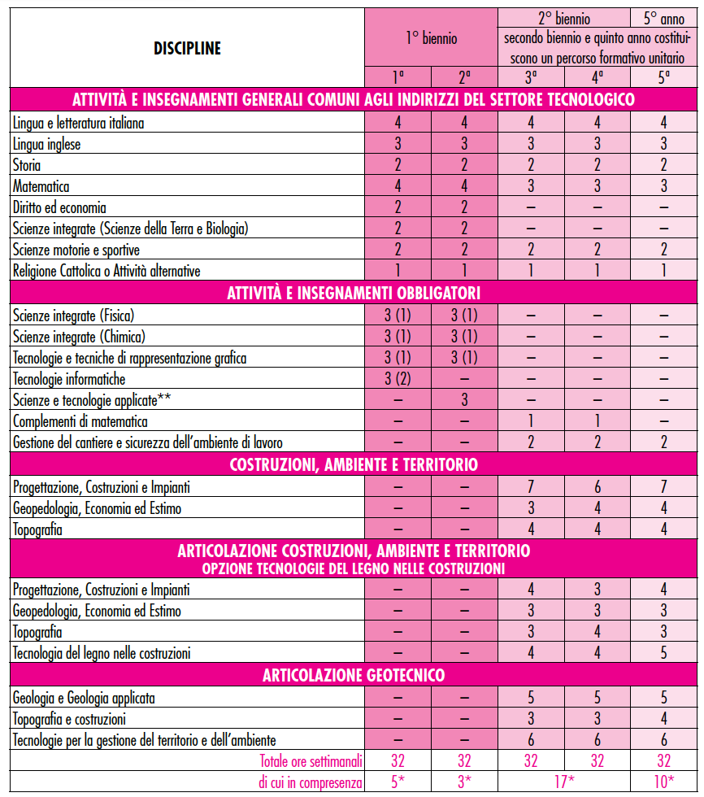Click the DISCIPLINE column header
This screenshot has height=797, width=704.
[187, 49]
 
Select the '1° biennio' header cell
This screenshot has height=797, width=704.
[431, 37]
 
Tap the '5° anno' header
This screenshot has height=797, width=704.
[663, 17]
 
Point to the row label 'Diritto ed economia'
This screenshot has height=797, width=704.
[59, 208]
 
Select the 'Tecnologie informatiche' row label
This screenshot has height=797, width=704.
[69, 379]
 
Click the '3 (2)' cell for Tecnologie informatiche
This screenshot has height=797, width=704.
[398, 379]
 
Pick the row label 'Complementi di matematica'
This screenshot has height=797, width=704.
[76, 421]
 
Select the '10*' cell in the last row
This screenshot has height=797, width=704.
[663, 782]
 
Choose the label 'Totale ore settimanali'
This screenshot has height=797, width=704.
[311, 761]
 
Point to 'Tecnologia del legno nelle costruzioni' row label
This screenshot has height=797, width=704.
[102, 653]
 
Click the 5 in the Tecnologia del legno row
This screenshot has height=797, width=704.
[663, 653]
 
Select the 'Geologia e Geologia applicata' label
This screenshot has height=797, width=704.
[84, 698]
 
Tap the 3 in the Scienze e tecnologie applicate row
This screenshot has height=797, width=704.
[464, 400]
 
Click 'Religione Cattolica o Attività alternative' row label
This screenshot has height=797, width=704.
[106, 271]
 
